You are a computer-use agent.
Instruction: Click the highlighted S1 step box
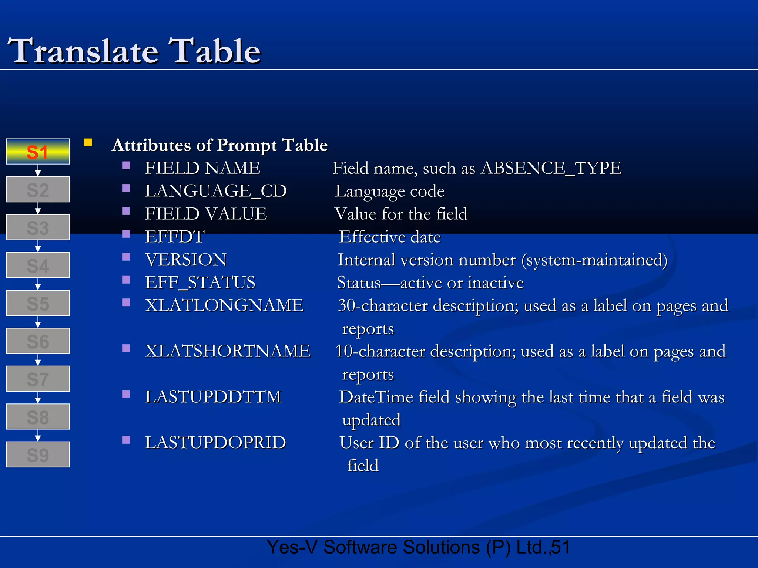tap(38, 152)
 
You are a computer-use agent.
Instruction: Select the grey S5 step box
tap(38, 303)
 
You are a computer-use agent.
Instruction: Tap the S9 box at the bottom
tap(38, 454)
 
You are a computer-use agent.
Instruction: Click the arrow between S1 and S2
tap(38, 170)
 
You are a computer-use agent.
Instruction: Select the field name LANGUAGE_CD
tap(216, 191)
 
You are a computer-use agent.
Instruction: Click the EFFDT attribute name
tap(175, 237)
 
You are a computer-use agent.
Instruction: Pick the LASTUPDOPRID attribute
tap(215, 443)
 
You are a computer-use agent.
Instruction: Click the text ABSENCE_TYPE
tap(551, 169)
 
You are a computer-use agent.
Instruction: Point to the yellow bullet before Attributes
tap(88, 143)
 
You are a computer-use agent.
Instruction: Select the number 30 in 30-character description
tap(347, 306)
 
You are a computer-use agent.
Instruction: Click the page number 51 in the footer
tap(561, 547)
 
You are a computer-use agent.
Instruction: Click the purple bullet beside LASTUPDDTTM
tap(126, 394)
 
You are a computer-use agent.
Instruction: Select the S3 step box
tap(38, 227)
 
